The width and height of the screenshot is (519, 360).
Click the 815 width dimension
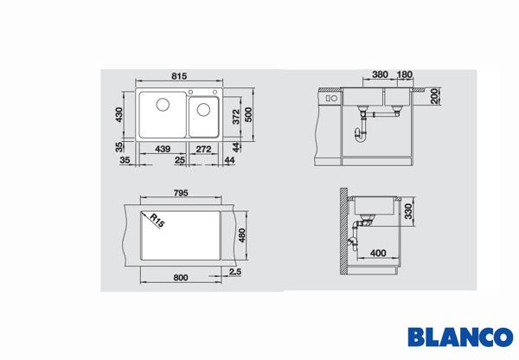[179, 76]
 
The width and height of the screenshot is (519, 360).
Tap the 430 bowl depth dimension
[119, 114]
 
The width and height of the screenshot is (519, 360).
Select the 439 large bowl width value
[163, 149]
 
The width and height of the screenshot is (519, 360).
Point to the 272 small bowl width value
[203, 149]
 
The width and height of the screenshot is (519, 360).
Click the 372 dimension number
[236, 117]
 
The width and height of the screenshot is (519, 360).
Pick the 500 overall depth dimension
[248, 115]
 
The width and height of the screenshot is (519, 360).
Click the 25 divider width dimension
[180, 161]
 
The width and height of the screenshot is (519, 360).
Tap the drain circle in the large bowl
[163, 105]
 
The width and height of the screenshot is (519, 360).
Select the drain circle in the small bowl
[203, 110]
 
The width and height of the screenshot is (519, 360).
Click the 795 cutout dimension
[181, 193]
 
